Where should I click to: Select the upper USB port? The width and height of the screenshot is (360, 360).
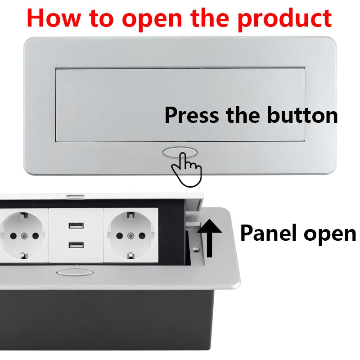[x=76, y=226]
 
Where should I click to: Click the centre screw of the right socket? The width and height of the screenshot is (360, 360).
[x=130, y=235]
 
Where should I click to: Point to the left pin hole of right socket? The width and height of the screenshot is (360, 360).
[x=119, y=235]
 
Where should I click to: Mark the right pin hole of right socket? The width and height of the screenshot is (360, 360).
[x=142, y=235]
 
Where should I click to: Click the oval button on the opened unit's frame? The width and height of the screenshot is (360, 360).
[x=75, y=272]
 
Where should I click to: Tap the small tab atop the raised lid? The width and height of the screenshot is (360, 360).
[x=75, y=196]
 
